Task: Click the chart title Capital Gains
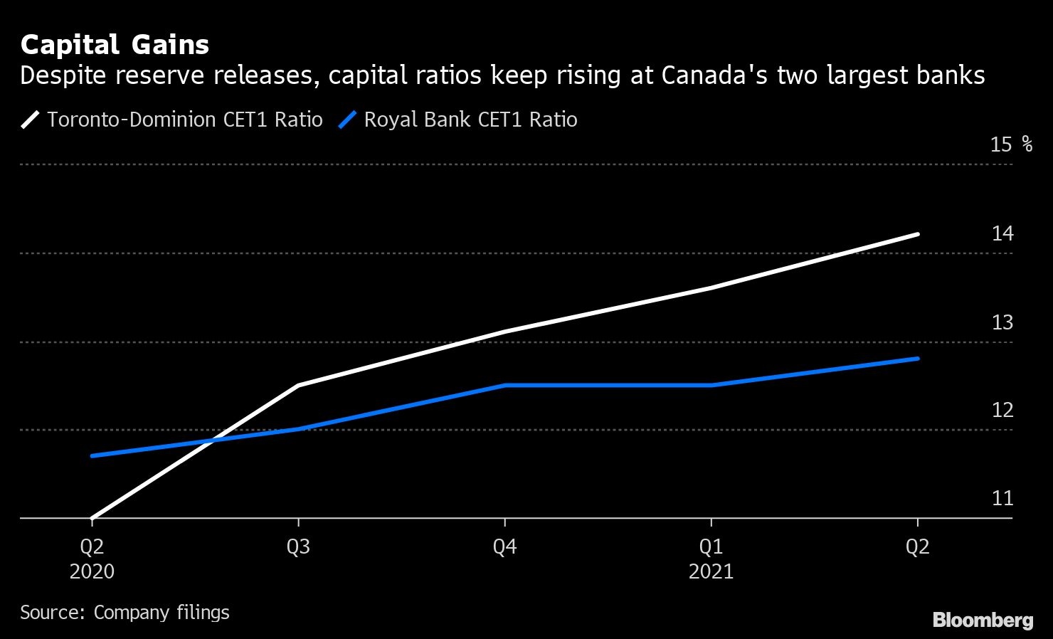click(x=115, y=45)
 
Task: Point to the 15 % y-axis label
click(x=1010, y=144)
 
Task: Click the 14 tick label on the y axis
click(x=1002, y=233)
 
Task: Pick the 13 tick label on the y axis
click(x=1002, y=322)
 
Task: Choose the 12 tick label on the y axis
click(x=1002, y=410)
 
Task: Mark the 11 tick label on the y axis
click(x=1002, y=498)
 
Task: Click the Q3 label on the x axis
click(x=298, y=546)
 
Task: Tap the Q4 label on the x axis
click(x=504, y=546)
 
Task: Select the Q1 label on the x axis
click(x=711, y=546)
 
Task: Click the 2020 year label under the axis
click(x=92, y=571)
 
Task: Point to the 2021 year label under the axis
click(x=711, y=571)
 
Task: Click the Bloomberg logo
click(x=983, y=620)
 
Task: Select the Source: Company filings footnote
click(x=125, y=613)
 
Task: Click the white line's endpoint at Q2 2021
click(x=917, y=234)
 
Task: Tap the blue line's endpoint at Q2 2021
click(x=917, y=359)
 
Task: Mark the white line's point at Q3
click(x=298, y=385)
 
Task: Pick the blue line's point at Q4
click(x=504, y=385)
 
